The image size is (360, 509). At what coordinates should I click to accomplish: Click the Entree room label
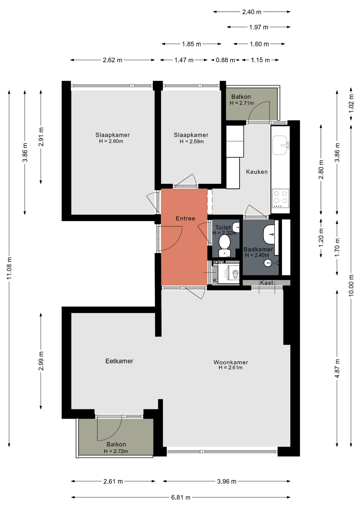point(185,218)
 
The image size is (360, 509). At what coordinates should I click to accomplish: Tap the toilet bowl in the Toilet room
point(225,245)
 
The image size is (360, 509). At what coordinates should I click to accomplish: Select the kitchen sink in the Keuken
point(280,145)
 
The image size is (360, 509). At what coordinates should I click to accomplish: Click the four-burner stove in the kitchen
point(280,199)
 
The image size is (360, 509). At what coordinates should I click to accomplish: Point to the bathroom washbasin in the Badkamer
point(269,235)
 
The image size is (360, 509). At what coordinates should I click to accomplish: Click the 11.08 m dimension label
point(9,268)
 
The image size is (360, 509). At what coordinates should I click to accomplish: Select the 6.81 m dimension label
point(181,497)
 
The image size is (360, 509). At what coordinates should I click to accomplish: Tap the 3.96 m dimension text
point(227,481)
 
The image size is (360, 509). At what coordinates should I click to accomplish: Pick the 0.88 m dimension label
point(225,60)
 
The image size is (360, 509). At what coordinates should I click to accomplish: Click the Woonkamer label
point(231,362)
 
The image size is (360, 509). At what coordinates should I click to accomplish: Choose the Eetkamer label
point(119,361)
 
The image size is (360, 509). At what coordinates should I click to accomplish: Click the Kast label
point(266,283)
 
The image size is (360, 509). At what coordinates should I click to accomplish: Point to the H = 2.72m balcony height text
point(116,451)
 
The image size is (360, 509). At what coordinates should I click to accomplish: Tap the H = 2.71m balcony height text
point(242,103)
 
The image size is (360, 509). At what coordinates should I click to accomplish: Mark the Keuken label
point(257,172)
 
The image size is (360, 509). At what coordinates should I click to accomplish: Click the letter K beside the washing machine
point(215,280)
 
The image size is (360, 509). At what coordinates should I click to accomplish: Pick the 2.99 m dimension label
point(41,361)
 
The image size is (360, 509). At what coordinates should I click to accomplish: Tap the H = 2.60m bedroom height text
point(111,141)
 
